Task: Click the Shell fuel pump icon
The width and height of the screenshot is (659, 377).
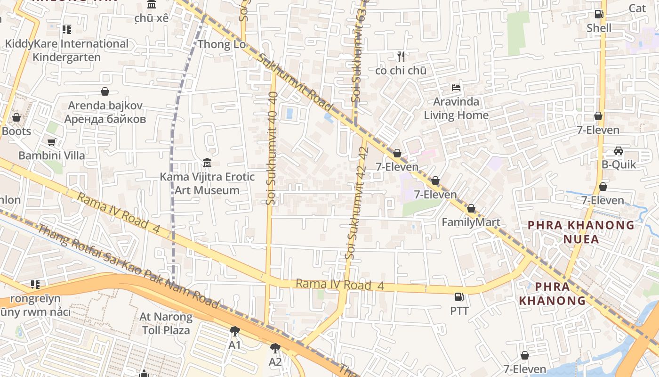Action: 599,14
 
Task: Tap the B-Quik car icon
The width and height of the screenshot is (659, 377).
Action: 619,151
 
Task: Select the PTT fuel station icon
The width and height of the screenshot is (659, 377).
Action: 459,297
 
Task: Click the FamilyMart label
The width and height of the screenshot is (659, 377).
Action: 471,222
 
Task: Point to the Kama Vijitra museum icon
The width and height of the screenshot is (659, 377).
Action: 207,163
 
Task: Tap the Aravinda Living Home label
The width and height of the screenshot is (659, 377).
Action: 456,108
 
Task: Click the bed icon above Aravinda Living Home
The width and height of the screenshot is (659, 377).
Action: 456,87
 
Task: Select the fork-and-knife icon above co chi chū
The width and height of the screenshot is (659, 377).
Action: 401,57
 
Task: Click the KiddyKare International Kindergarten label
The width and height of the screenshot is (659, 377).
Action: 66,50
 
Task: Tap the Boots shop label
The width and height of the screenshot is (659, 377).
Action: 16,131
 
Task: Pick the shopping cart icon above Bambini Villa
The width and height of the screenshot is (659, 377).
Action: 52,142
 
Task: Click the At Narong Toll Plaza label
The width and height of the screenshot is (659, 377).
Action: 166,323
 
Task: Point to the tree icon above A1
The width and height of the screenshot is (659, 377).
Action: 234,331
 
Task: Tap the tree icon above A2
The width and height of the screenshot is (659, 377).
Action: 275,348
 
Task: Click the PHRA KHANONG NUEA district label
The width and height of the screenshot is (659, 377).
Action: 581,232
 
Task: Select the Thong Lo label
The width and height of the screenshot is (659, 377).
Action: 222,44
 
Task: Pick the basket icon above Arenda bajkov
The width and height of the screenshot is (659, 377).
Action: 105,91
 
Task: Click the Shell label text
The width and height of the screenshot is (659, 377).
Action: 599,28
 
